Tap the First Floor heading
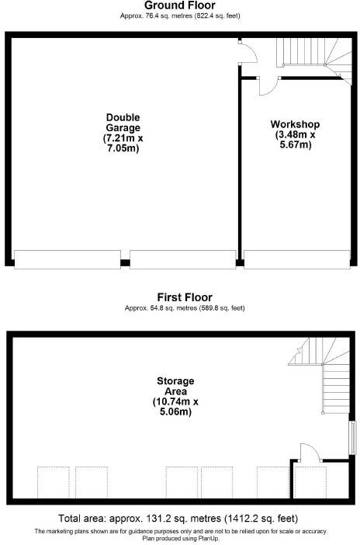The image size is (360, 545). pos(185,297)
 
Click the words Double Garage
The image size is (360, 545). pos(123,123)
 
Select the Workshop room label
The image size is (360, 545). pos(295,124)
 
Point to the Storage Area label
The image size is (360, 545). pos(175,387)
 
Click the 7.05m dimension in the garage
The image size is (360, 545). pos(123,148)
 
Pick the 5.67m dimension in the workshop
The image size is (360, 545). pos(295,144)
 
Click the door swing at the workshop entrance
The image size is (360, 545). pos(264,86)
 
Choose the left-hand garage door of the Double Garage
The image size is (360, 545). pos(67,260)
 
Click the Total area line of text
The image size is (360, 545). pos(178,519)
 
